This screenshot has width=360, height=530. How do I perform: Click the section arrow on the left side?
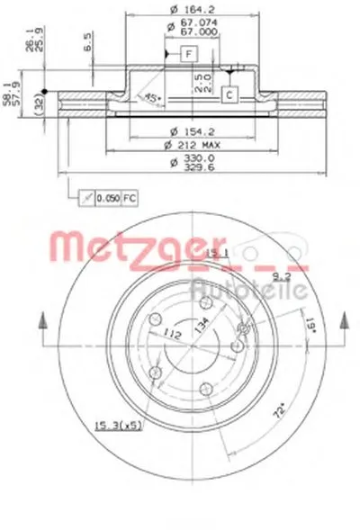tap(39, 326)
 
